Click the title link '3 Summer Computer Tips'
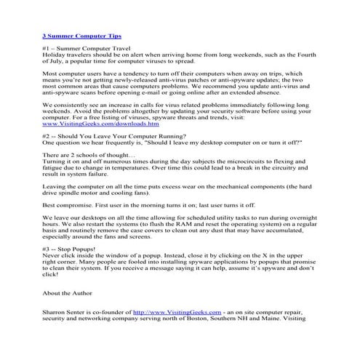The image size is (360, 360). pyautogui.click(x=81, y=35)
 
